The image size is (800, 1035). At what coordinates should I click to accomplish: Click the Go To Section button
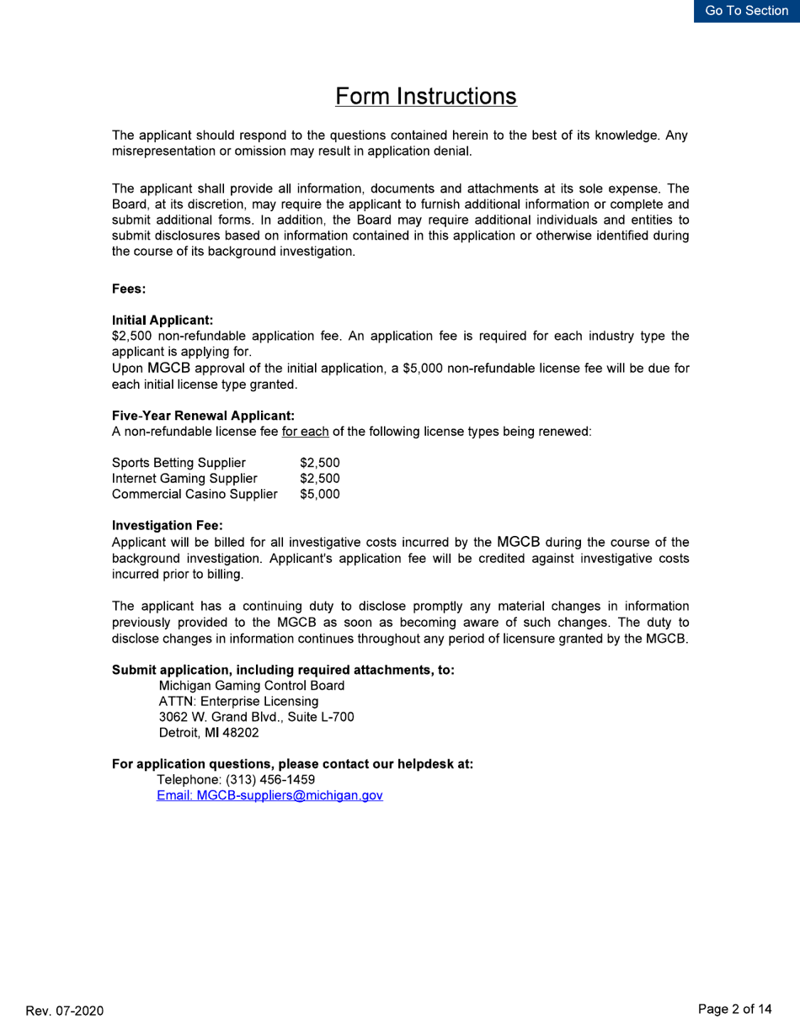746,11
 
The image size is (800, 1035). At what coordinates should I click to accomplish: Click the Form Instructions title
425,97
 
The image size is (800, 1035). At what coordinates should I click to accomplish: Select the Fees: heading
130,289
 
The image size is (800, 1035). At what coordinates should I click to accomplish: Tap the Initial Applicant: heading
163,321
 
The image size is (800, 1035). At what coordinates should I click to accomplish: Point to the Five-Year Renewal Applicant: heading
203,416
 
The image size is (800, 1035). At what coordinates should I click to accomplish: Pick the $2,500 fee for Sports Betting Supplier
320,463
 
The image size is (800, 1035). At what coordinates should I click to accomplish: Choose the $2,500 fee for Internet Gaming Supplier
320,479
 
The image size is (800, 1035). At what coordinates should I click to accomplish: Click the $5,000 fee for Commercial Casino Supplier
320,494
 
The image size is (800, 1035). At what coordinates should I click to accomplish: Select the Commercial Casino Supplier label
195,494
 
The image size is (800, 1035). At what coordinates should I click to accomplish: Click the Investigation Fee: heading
167,526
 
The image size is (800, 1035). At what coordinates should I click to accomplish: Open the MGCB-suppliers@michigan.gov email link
269,796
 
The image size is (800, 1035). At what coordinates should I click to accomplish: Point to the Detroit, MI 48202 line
209,733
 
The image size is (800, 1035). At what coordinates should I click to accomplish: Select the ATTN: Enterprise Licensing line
238,701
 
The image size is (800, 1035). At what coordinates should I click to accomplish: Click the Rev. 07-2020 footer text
65,1011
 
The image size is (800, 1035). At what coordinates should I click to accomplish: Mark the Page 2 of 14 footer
735,1010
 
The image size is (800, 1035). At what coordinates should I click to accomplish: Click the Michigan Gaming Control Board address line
251,686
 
